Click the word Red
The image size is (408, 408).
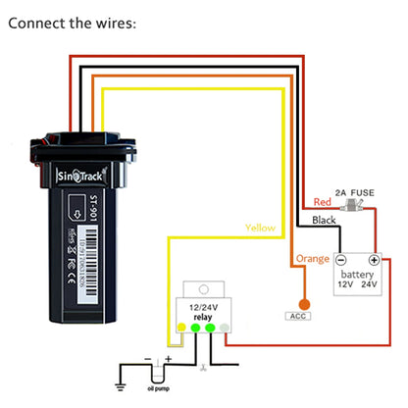(x=323, y=202)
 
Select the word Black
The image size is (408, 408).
(x=323, y=221)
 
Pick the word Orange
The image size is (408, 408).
(x=311, y=259)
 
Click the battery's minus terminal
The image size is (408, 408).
(x=339, y=260)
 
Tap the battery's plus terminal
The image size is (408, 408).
(x=374, y=260)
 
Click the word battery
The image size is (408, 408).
(x=357, y=277)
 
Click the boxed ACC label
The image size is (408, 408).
(x=297, y=316)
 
